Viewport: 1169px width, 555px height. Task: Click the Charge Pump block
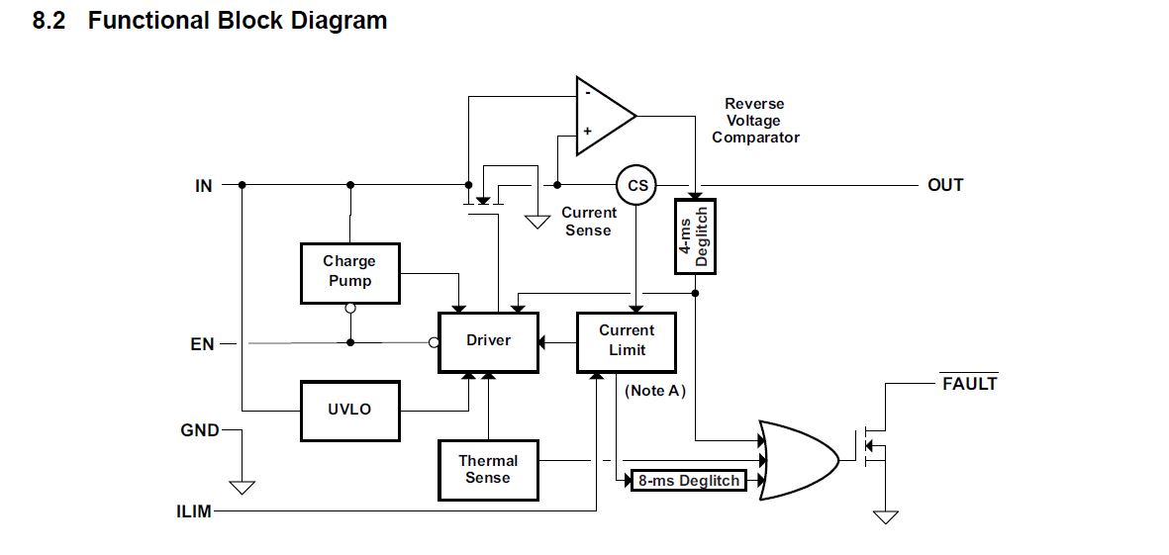click(349, 272)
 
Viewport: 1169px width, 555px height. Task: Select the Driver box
click(488, 341)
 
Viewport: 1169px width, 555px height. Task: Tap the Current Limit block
click(627, 341)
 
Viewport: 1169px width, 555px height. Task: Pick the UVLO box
click(349, 410)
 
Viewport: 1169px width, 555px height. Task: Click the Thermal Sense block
click(488, 470)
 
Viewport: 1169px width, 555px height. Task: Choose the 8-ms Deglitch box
click(689, 481)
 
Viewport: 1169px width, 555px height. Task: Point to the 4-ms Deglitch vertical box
click(695, 236)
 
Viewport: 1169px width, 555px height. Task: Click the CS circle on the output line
click(637, 185)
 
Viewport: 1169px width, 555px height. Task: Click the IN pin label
click(203, 185)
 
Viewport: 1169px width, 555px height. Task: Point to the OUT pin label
click(945, 185)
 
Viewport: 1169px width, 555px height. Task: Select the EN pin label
click(202, 344)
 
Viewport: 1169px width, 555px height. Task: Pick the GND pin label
click(200, 431)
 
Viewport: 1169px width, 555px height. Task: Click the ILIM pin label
click(195, 512)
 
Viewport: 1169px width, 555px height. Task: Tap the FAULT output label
click(969, 384)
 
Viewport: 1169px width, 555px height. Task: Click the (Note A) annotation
click(653, 391)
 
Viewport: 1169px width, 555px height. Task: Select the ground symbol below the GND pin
click(242, 486)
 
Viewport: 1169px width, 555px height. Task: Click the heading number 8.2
click(49, 21)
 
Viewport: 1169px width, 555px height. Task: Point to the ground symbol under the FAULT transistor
click(885, 516)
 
